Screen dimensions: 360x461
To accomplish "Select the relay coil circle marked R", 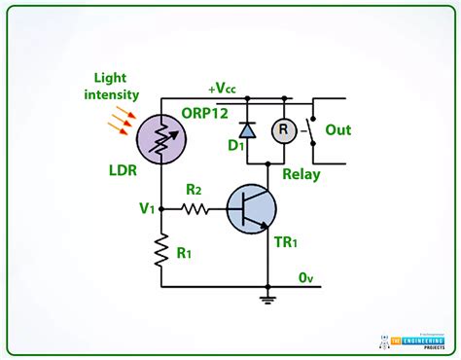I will (x=283, y=129).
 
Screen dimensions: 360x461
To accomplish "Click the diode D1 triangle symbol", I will (x=247, y=129).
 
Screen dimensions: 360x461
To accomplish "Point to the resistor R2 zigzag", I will (x=194, y=208).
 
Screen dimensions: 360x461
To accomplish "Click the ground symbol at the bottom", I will (x=266, y=299).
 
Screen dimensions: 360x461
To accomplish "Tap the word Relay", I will (x=301, y=174).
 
